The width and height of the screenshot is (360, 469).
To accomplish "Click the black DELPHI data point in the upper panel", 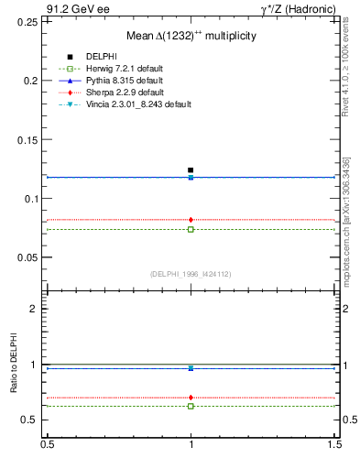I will [191, 170].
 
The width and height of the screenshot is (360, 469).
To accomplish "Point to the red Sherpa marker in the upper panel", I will [191, 220].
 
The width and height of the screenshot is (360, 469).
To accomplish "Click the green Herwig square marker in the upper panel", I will [191, 229].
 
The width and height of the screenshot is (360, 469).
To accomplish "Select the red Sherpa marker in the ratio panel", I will [191, 398].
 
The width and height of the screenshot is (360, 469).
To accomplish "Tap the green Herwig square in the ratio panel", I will [191, 406].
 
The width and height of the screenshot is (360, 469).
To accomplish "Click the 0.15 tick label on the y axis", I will [28, 139].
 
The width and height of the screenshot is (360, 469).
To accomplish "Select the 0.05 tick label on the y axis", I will [28, 257].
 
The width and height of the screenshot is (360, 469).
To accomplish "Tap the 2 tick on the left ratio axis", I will [35, 309].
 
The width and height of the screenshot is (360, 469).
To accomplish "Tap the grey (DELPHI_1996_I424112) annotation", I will [191, 274].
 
